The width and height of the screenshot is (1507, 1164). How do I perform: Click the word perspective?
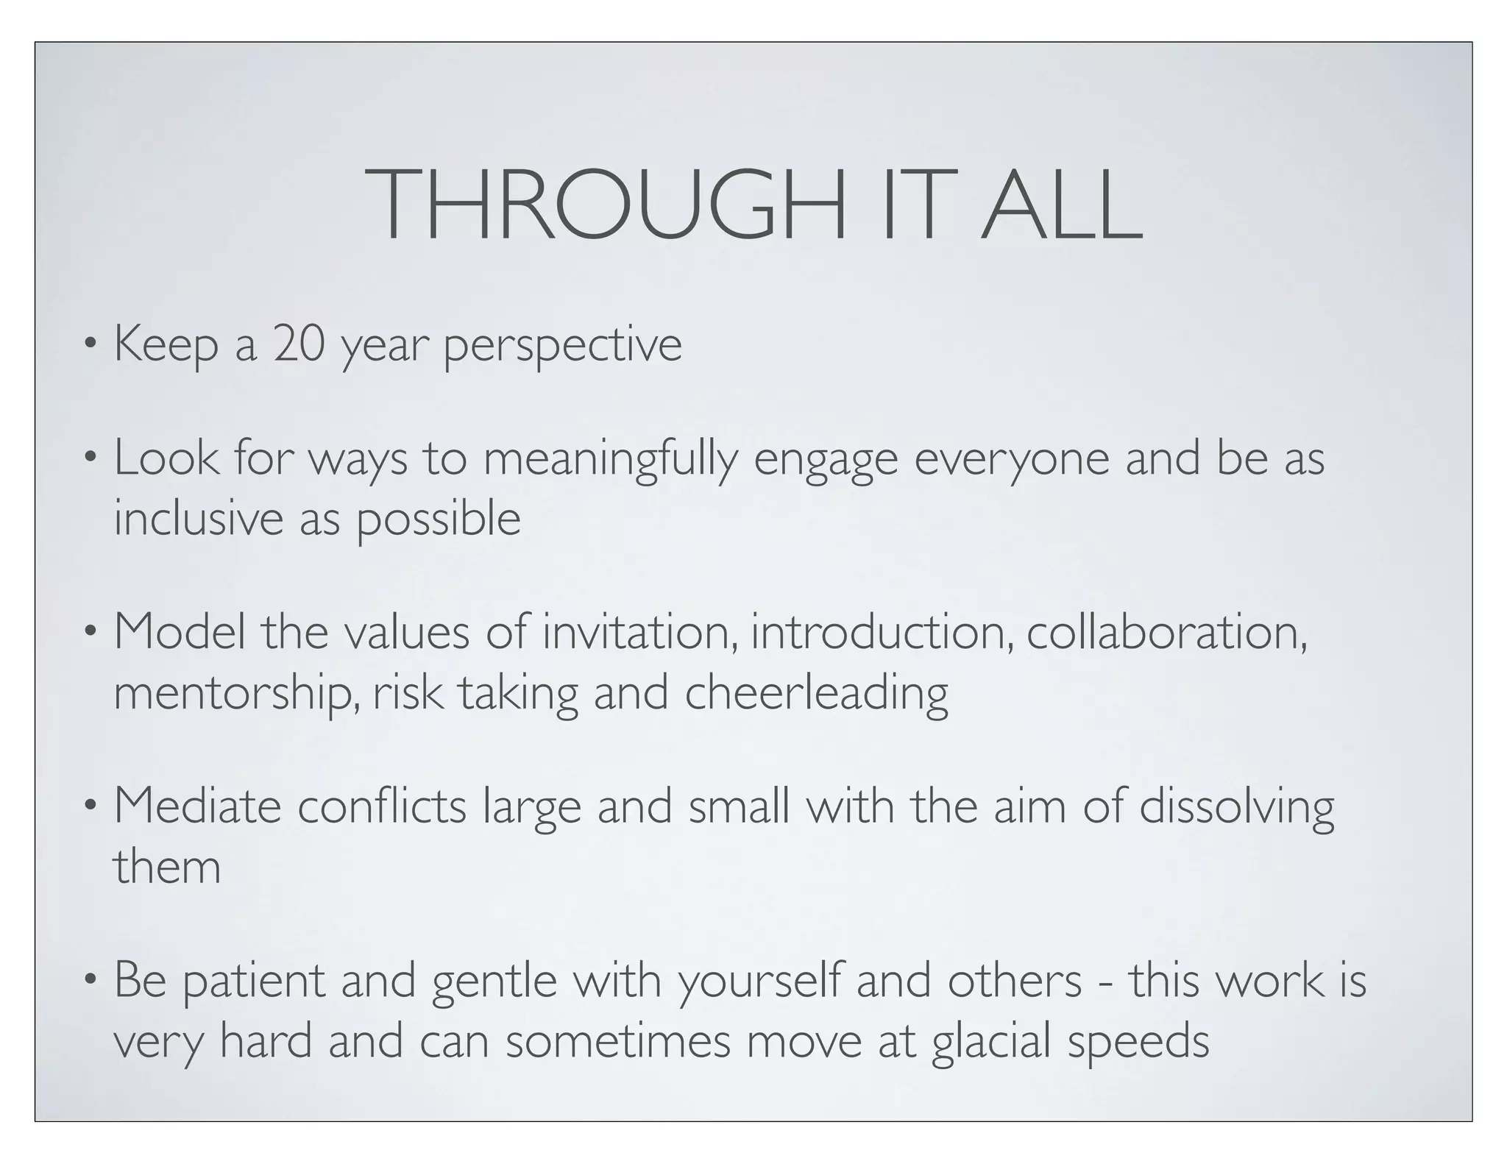pos(563,346)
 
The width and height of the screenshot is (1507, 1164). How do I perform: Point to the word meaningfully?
pos(610,460)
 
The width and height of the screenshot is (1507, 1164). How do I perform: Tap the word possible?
pos(439,519)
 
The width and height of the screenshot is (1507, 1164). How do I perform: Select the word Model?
pos(180,632)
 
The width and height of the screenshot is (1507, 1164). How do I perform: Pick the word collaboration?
pos(1167,632)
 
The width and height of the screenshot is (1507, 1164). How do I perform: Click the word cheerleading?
pos(817,694)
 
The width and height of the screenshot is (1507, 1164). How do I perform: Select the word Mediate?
pos(198,806)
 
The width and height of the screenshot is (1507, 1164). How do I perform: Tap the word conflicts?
pos(382,806)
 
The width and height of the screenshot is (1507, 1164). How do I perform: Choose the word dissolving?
pos(1236,808)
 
